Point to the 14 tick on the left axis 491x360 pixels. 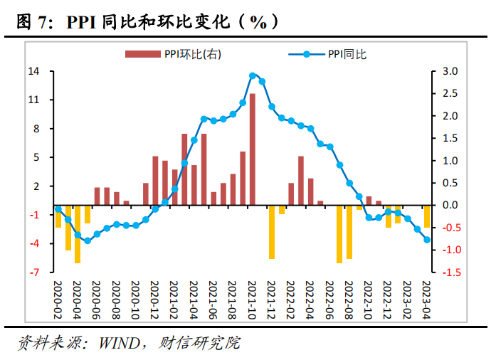(x=33, y=71)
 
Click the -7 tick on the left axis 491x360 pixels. (x=33, y=272)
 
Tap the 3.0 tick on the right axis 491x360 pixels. (x=450, y=71)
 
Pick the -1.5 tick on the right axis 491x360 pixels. (x=449, y=272)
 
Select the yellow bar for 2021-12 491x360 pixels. (x=272, y=232)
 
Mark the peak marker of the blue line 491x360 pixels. (x=253, y=75)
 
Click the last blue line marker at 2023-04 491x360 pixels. (x=427, y=240)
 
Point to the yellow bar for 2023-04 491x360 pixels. (x=427, y=217)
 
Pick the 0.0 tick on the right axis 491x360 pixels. (x=450, y=205)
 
